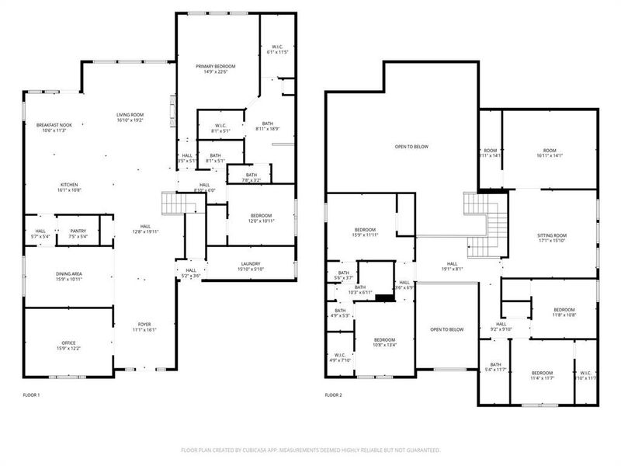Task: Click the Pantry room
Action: point(78,234)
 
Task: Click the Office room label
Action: point(69,345)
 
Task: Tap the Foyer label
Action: point(145,327)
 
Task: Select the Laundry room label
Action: point(250,266)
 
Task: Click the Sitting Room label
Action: point(552,237)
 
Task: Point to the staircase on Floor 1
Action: point(172,203)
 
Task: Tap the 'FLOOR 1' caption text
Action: point(31,395)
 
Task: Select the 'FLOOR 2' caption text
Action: point(333,395)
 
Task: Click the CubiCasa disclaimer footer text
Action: point(310,450)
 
